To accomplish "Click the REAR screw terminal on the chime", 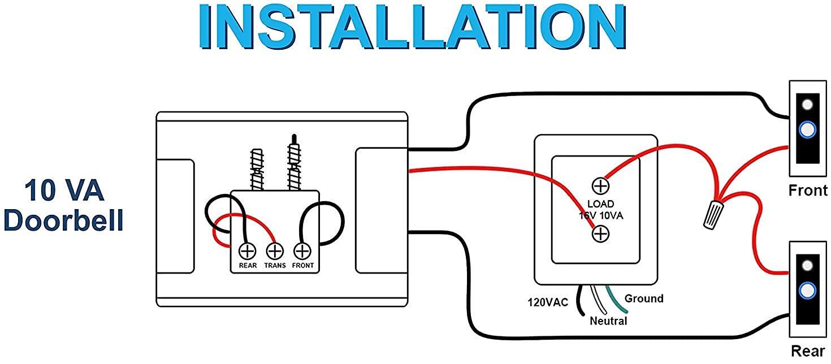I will tap(247, 250).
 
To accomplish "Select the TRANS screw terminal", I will tap(275, 250).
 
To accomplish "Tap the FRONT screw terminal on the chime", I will tap(302, 250).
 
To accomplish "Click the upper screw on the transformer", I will tap(600, 185).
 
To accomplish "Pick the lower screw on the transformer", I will tap(600, 233).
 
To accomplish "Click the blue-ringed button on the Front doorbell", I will tap(808, 129).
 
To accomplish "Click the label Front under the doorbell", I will tap(808, 190).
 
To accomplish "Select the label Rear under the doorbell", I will tap(808, 351).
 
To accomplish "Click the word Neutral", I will tap(608, 321).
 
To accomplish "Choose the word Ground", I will tap(644, 298).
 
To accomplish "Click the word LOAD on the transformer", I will tap(600, 203).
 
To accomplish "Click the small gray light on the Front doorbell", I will tap(808, 105).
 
